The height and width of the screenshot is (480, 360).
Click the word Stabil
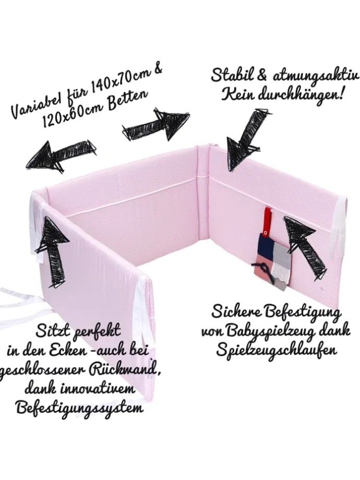(232, 75)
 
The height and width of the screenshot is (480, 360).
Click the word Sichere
(235, 312)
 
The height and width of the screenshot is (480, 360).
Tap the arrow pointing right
(155, 124)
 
